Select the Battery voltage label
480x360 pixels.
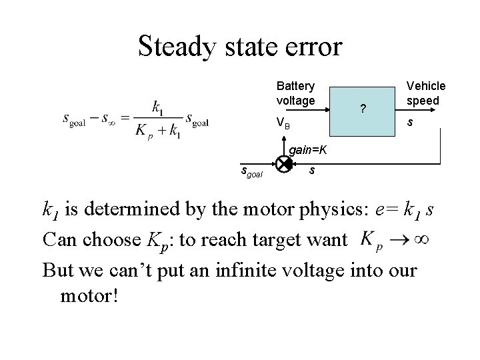pos(296,93)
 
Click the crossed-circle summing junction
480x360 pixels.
pos(283,163)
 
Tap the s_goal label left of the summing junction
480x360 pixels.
pos(252,173)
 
